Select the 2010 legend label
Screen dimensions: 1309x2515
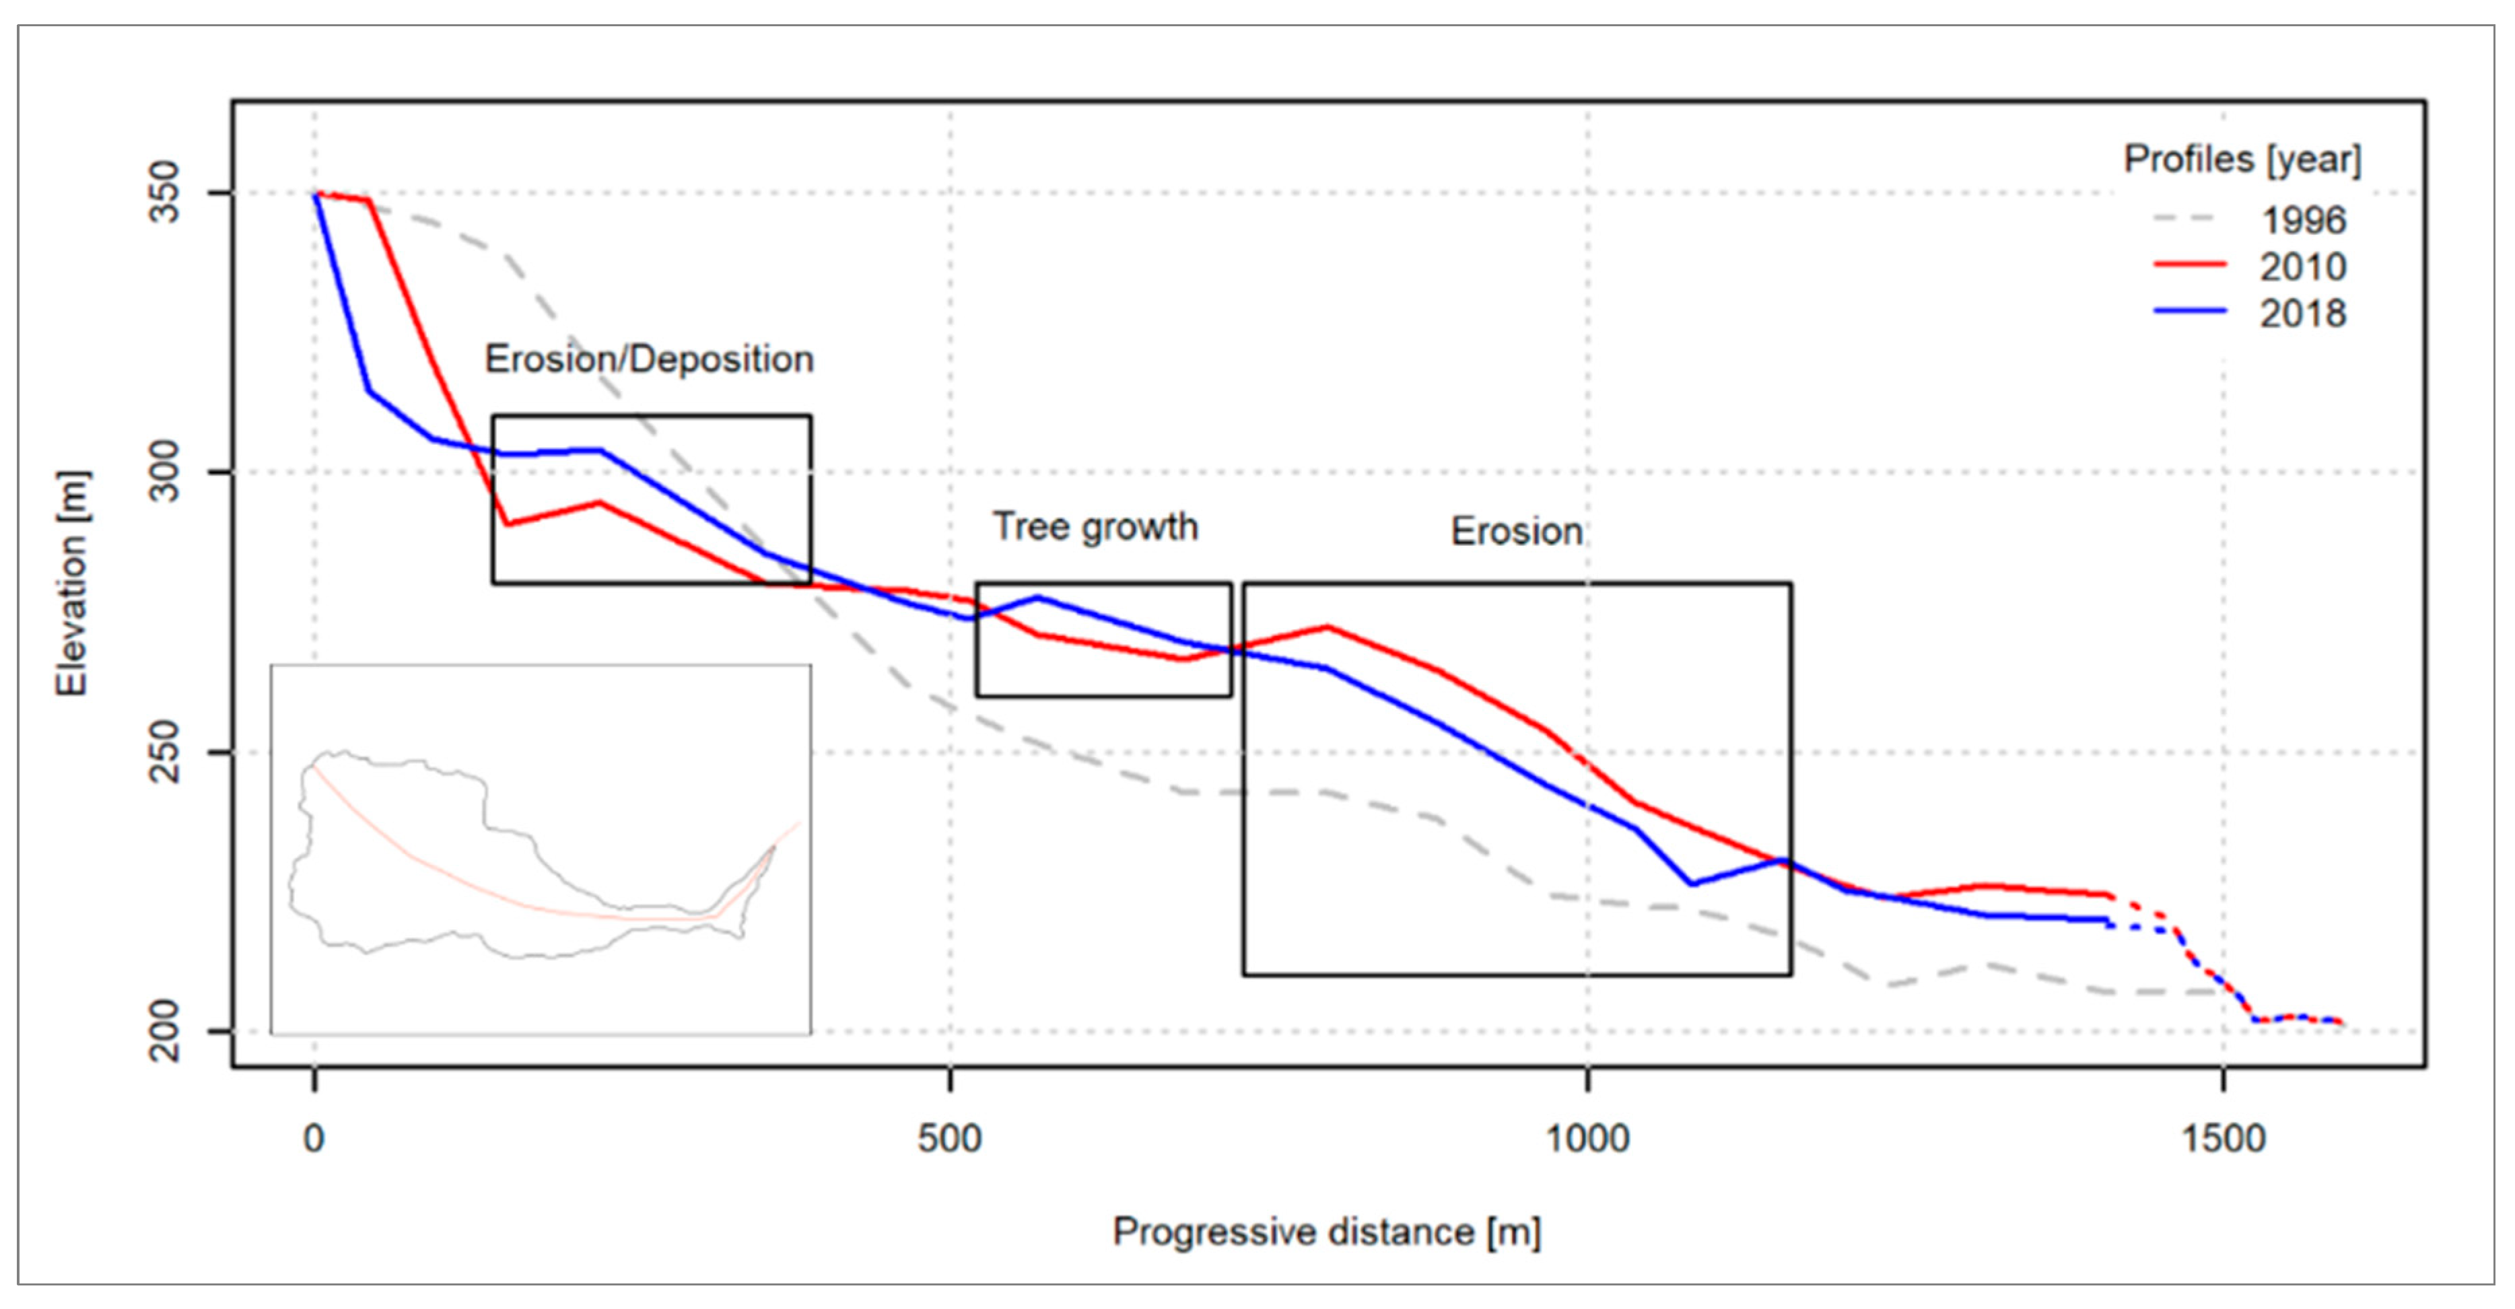tap(2303, 267)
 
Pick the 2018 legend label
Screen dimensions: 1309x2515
tap(2303, 314)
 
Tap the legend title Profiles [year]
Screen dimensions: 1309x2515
tap(2242, 159)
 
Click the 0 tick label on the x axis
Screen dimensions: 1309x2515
tap(314, 1138)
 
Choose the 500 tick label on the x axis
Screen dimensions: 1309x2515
tap(949, 1138)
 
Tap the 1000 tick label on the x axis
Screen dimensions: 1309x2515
tap(1587, 1138)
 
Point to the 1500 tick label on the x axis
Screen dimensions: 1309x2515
tap(2223, 1138)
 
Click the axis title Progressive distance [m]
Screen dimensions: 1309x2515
tap(1327, 1232)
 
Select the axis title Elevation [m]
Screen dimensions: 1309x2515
tap(71, 583)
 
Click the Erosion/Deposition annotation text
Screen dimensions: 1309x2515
tap(649, 359)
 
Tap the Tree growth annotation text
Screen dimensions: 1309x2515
tap(1095, 527)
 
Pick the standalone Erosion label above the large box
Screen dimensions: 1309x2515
tap(1516, 532)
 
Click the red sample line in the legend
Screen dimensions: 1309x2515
tap(2190, 264)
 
